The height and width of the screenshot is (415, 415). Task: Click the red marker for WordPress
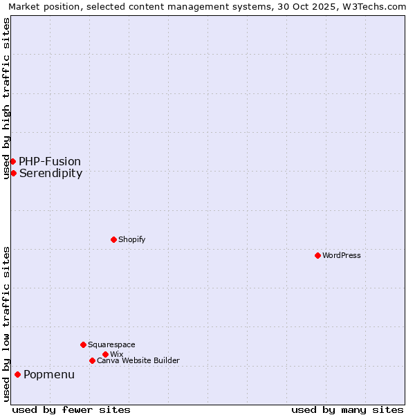click(x=317, y=255)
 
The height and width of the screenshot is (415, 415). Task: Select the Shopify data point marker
click(x=113, y=239)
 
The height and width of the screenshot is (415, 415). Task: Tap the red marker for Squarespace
click(x=83, y=344)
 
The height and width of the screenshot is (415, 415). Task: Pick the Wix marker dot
click(x=105, y=354)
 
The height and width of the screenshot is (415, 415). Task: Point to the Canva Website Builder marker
click(x=92, y=360)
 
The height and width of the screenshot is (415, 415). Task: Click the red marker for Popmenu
click(x=17, y=374)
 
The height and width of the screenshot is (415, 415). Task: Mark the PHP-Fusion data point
click(x=12, y=161)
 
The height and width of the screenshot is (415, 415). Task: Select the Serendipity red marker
click(x=13, y=173)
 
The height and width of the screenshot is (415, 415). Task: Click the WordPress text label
click(x=342, y=255)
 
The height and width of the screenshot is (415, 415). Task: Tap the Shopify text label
click(x=132, y=239)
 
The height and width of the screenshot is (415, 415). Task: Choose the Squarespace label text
click(x=111, y=344)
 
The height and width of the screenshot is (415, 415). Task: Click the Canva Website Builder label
click(x=138, y=360)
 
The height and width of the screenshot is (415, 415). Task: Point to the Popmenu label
click(x=49, y=374)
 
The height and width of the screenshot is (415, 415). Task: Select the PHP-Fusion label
click(x=50, y=161)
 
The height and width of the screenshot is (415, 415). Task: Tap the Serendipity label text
click(x=51, y=173)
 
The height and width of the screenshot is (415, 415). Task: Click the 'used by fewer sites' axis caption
click(x=71, y=409)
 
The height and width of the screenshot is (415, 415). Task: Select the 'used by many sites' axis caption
click(x=347, y=409)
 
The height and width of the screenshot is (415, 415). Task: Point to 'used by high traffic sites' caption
click(x=6, y=98)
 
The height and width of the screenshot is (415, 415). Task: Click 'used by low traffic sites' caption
click(x=6, y=324)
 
